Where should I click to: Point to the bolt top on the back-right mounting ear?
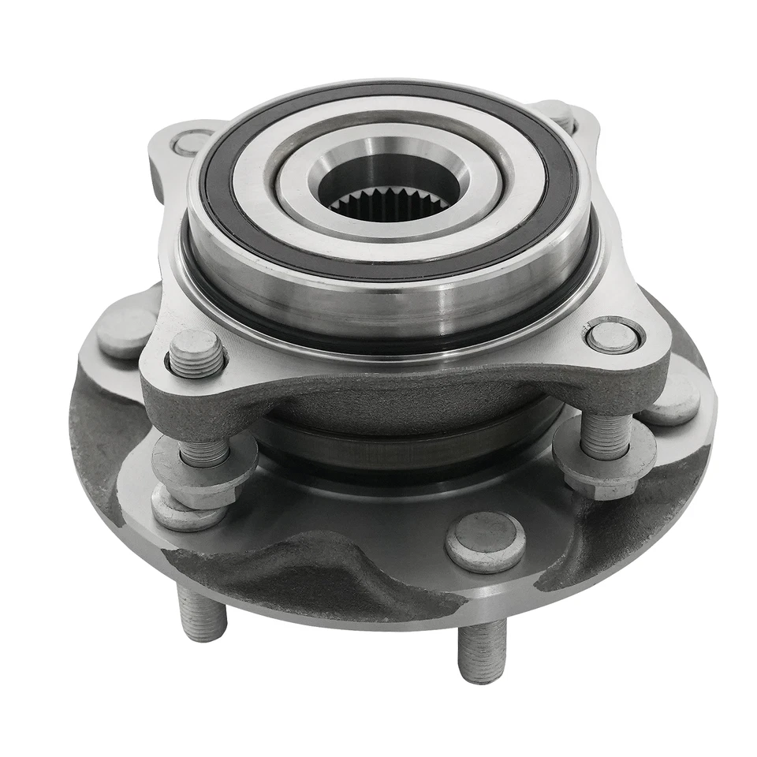560,115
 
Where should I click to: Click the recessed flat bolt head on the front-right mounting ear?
613,337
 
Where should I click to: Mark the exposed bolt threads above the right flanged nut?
606,434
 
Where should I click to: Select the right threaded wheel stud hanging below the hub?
481,651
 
